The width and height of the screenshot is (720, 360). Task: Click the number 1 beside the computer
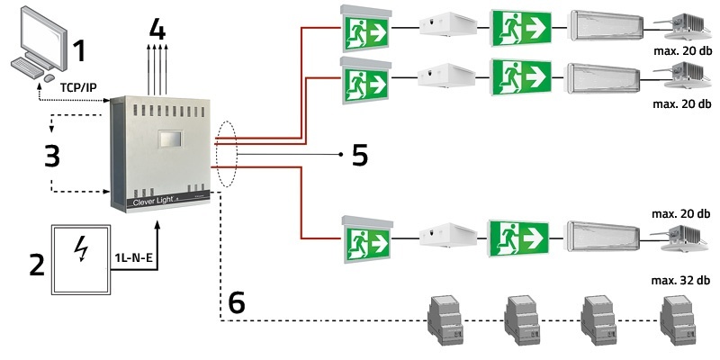point(79,49)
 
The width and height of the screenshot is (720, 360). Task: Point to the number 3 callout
point(52,155)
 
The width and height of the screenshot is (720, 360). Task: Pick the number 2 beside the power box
point(37,265)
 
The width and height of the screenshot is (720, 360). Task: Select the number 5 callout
point(359,155)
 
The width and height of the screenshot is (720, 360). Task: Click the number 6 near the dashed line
point(236,302)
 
